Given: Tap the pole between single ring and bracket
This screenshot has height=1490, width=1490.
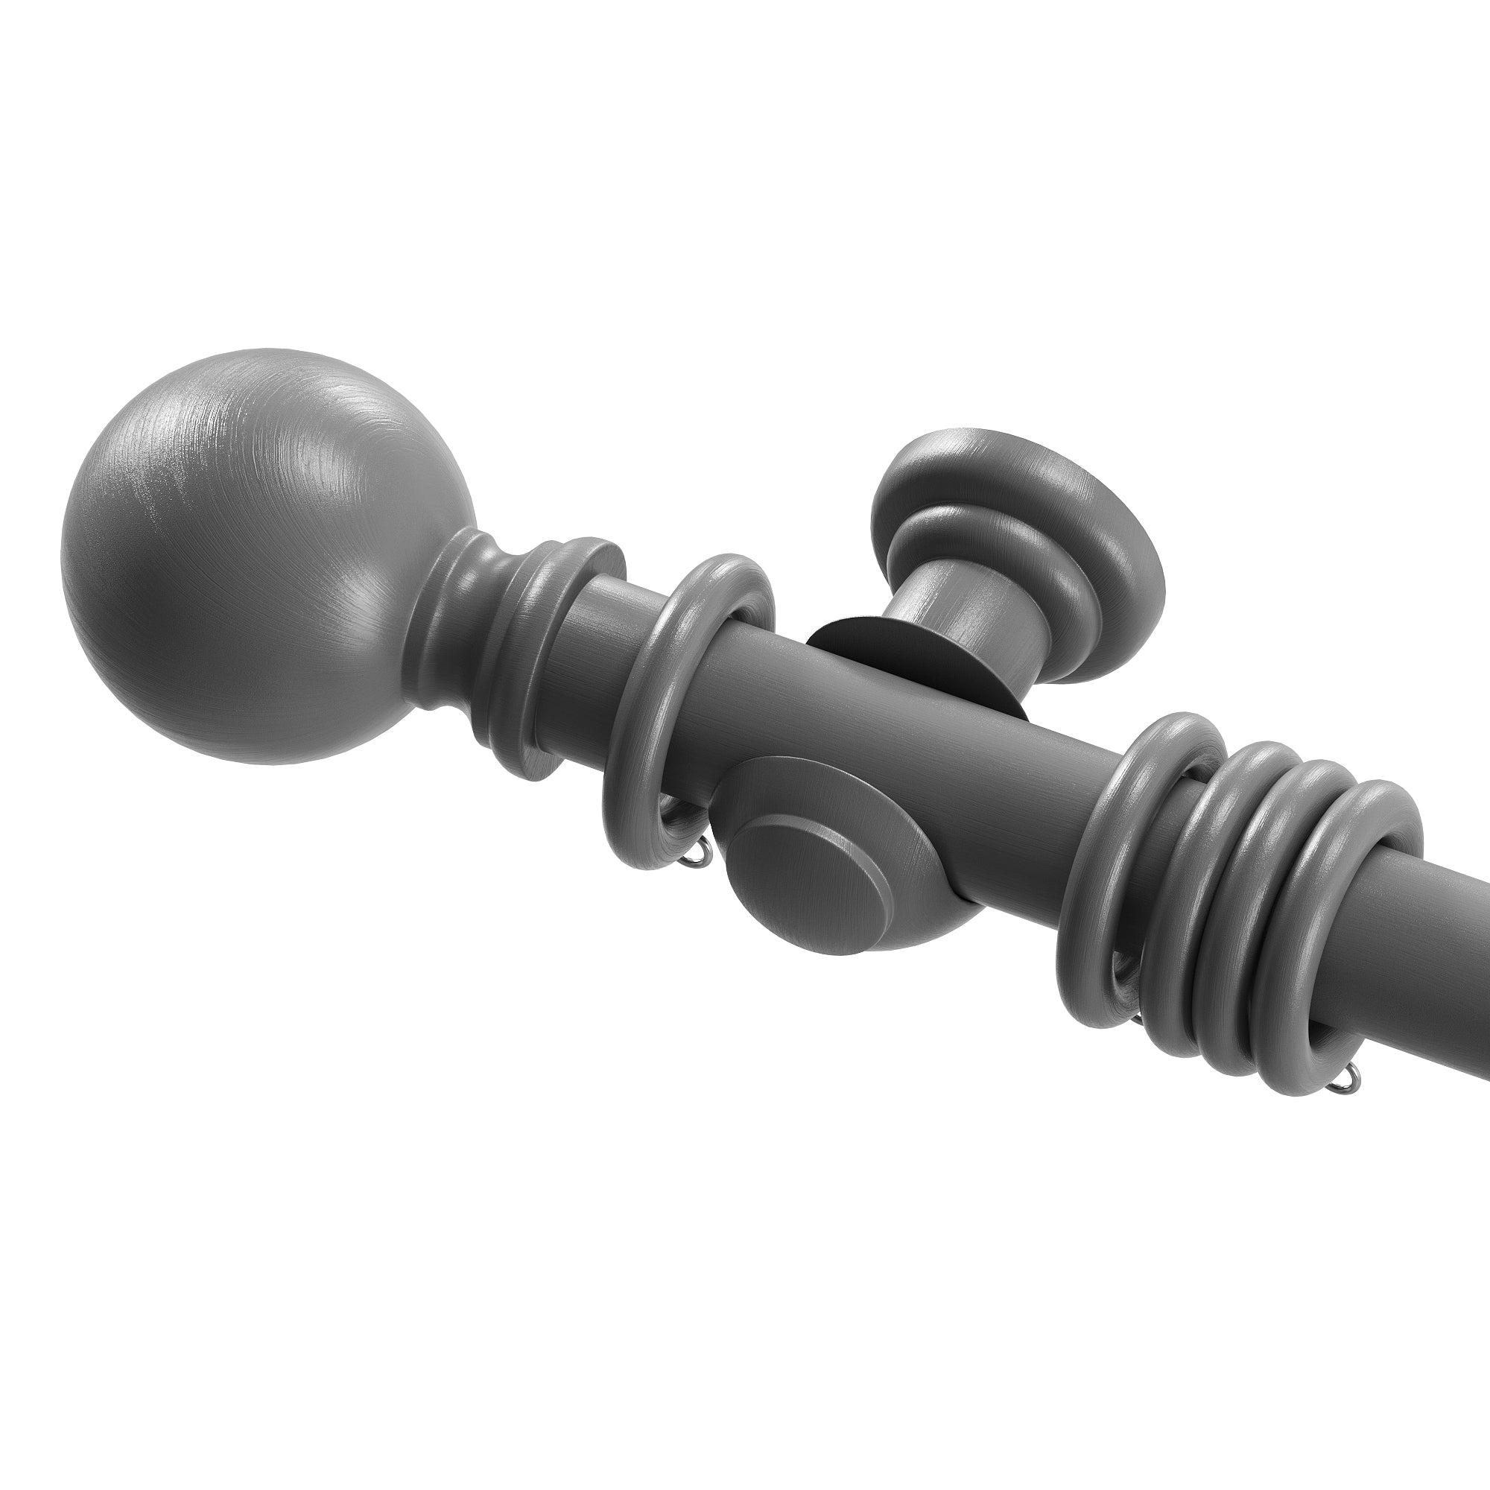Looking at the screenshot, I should click(741, 671).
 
